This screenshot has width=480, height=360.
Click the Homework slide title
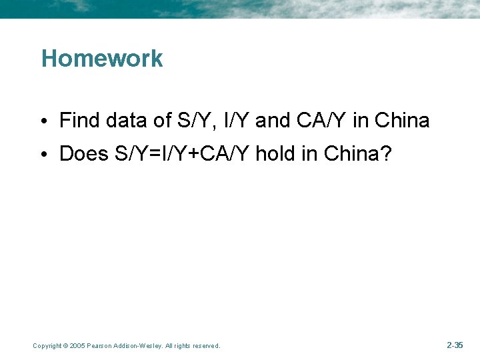[x=102, y=59]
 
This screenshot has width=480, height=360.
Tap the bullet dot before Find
[x=43, y=121]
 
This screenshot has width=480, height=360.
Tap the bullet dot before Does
[x=43, y=155]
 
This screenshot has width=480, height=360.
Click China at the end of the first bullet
[x=402, y=121]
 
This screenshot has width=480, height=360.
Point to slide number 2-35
[x=455, y=345]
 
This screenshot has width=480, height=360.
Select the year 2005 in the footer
[x=77, y=345]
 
